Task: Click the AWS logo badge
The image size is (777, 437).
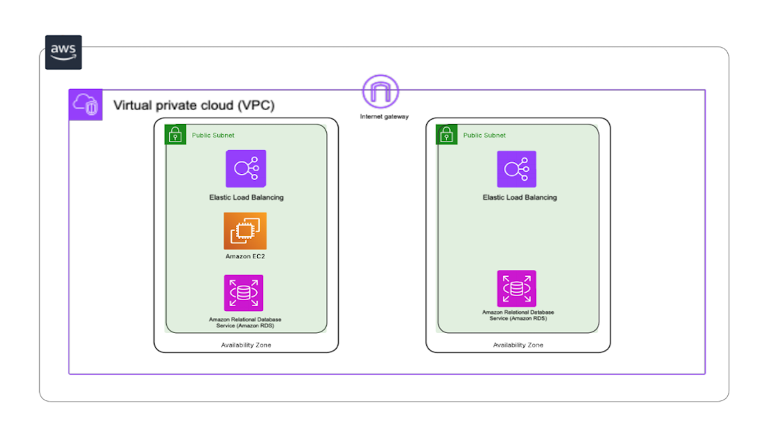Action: [63, 52]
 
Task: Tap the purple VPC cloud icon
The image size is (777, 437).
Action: [86, 105]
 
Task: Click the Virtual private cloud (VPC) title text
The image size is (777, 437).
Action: [194, 106]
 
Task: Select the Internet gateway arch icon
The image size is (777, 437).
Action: [381, 92]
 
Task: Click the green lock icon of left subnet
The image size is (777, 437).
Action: [175, 135]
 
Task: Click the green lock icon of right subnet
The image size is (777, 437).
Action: [446, 135]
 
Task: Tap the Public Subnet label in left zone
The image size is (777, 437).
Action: [213, 135]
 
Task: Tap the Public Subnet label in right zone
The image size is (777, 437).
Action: [484, 135]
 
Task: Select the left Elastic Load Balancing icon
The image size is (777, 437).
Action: [246, 169]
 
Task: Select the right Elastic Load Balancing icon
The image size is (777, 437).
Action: [517, 169]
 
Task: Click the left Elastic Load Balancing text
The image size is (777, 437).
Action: [246, 197]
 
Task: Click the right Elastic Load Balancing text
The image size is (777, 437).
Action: [519, 197]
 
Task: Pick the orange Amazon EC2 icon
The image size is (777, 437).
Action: [245, 231]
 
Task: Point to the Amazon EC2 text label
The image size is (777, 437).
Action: [245, 256]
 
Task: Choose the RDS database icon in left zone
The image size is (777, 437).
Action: [244, 293]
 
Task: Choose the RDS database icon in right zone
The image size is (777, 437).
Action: [517, 289]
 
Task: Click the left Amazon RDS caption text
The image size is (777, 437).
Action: [245, 323]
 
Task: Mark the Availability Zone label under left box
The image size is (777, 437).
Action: [246, 345]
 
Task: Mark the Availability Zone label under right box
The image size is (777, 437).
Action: [518, 345]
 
